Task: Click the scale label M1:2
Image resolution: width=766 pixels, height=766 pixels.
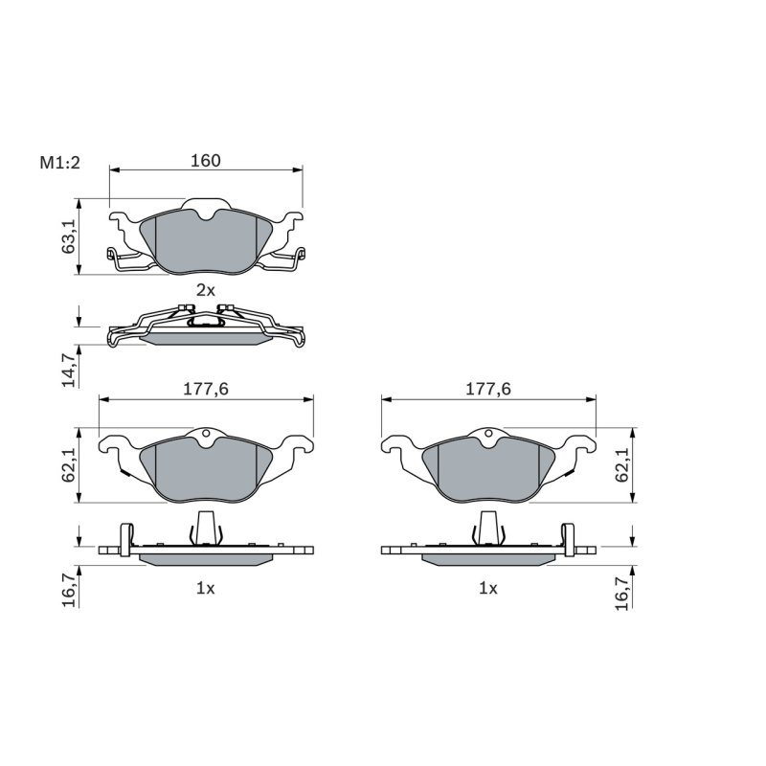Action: coord(59,163)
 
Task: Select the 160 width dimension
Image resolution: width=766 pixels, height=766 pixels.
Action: coord(206,160)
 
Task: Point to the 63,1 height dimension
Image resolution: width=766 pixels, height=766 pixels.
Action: coord(68,236)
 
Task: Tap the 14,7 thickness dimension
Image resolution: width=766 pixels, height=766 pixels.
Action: coord(68,370)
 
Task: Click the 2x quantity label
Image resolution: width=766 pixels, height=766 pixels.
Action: coord(206,290)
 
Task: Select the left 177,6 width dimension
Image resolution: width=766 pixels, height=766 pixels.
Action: coord(206,389)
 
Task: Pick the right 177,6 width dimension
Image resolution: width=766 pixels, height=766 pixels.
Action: coord(488,389)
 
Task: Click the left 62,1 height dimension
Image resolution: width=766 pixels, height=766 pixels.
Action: coord(68,465)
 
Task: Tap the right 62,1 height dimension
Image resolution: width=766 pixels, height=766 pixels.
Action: coord(621,465)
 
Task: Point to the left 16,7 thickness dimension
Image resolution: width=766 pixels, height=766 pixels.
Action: coord(68,590)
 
